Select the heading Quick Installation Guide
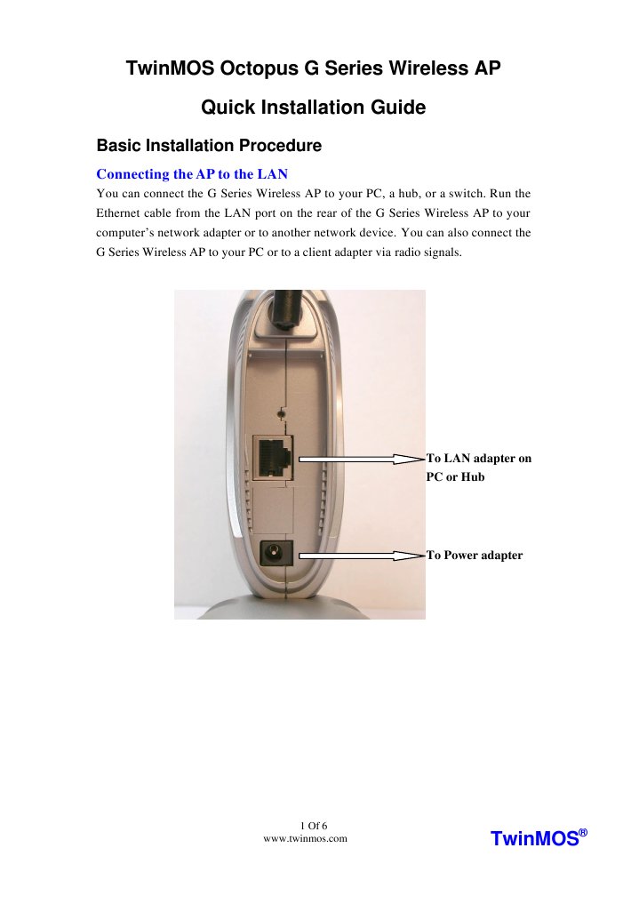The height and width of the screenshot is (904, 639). (x=314, y=108)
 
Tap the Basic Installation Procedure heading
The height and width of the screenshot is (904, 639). (x=209, y=145)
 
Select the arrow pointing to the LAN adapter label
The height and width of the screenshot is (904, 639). (x=360, y=459)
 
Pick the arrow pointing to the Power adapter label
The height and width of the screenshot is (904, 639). (x=360, y=556)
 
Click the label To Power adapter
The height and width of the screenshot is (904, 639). (x=475, y=556)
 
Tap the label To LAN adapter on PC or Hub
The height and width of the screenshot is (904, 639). (x=478, y=468)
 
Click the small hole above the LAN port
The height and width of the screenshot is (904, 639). (x=283, y=413)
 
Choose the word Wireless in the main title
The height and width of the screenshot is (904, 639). (x=415, y=68)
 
